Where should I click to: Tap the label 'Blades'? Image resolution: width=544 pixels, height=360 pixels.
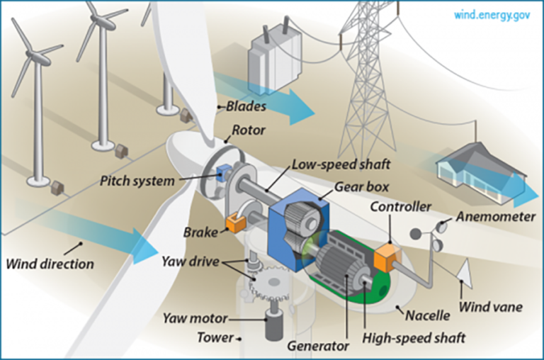point(246,107)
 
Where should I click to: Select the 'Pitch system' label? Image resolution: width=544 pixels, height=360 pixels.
point(137,181)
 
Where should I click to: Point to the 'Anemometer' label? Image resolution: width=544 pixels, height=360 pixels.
point(495,216)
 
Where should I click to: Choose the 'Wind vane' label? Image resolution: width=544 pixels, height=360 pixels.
point(490,308)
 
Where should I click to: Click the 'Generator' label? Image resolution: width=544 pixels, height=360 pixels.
point(318,347)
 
